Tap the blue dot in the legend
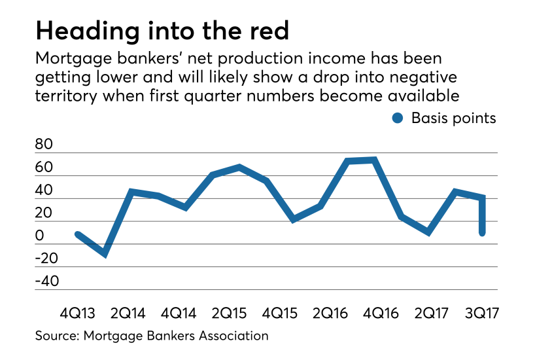pos(396,118)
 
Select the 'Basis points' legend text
pos(453,118)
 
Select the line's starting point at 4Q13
pos(78,234)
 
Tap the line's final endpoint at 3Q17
pos(482,232)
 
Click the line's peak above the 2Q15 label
pos(239,167)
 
